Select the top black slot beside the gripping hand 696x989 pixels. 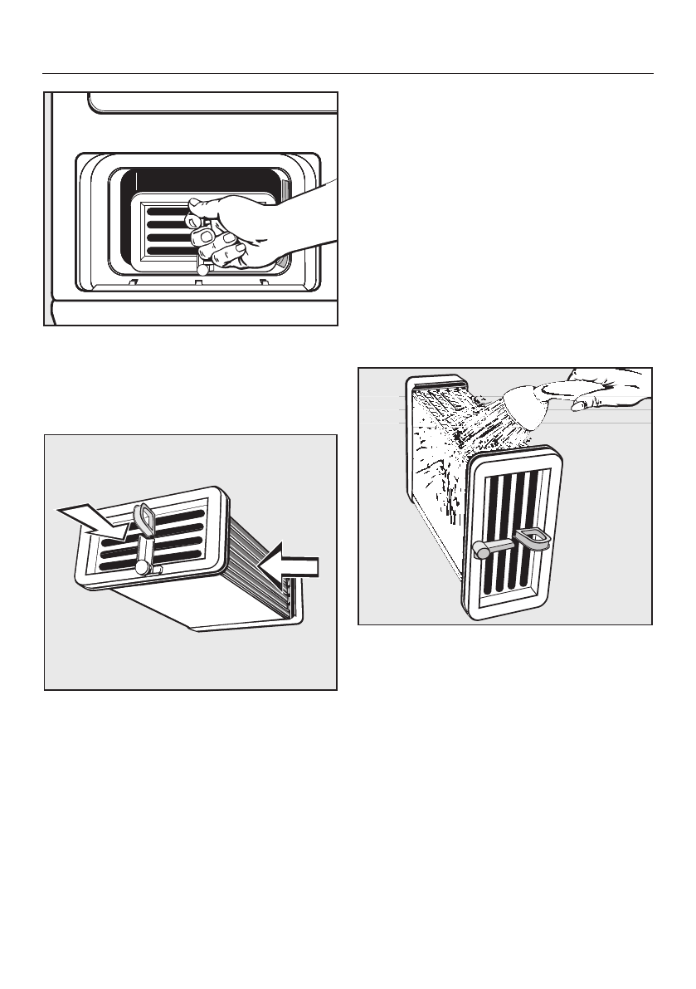pyautogui.click(x=164, y=212)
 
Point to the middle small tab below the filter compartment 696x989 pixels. pyautogui.click(x=197, y=282)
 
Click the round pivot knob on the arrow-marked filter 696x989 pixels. pyautogui.click(x=143, y=567)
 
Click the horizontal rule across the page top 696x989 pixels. pyautogui.click(x=348, y=73)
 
